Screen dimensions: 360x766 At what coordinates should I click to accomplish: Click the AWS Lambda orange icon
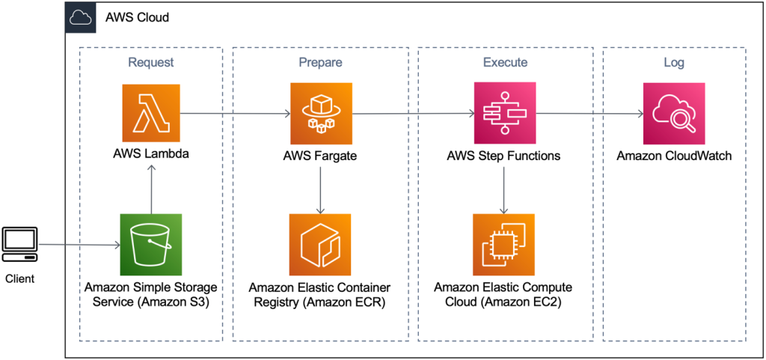point(151,114)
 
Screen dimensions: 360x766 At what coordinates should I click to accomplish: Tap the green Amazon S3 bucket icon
point(151,244)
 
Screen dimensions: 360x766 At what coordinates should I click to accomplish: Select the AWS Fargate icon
point(321,114)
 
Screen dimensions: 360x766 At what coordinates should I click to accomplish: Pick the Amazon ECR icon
point(321,244)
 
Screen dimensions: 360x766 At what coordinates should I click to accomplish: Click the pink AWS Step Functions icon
point(504,114)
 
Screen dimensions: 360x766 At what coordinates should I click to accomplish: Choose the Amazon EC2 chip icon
point(504,244)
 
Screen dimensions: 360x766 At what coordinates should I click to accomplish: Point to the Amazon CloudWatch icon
point(674,114)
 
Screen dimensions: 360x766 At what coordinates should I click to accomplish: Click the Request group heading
point(151,62)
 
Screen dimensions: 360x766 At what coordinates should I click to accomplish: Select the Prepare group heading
point(320,62)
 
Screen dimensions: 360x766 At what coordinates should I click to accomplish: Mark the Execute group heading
point(504,62)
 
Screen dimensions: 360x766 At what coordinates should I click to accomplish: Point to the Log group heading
point(674,62)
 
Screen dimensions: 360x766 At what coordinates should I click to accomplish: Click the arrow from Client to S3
point(79,245)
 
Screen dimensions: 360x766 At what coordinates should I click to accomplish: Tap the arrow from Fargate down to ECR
point(321,190)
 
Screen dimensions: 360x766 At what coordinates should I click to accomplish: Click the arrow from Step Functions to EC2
point(504,190)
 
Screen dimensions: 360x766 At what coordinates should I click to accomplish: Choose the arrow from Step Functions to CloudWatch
point(589,115)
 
